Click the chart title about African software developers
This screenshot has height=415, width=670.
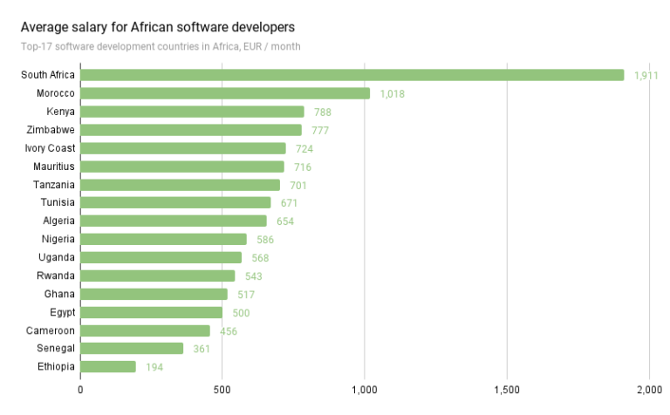(x=158, y=26)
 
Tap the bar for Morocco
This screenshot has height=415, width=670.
(x=225, y=93)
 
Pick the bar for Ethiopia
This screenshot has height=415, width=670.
(x=108, y=367)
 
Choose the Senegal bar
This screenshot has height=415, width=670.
(x=132, y=349)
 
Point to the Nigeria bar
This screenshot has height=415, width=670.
(x=164, y=239)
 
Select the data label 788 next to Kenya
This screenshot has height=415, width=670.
(x=323, y=112)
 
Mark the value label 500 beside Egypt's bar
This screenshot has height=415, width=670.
(x=241, y=313)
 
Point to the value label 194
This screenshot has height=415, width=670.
(x=154, y=368)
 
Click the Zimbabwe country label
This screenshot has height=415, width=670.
(x=51, y=130)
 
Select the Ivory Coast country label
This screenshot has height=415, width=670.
(x=50, y=148)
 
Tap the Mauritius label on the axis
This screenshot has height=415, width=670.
(x=53, y=166)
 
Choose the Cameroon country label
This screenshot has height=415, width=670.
(x=50, y=330)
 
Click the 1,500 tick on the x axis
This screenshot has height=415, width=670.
(x=507, y=390)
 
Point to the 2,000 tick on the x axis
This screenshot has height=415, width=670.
(x=649, y=390)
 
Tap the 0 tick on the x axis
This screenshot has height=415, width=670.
(x=80, y=390)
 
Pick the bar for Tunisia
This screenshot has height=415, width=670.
(x=175, y=202)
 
